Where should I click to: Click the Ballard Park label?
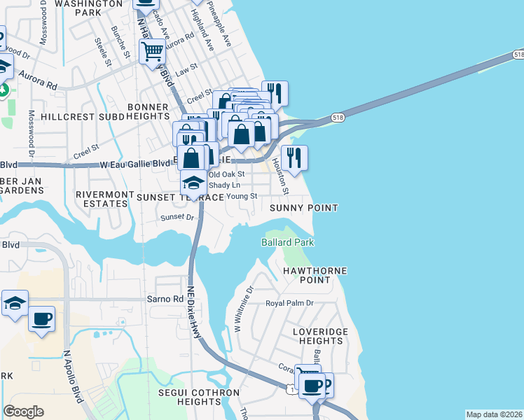287,242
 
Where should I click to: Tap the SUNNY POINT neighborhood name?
304,209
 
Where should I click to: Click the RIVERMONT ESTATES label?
103,199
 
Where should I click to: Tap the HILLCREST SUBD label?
77,116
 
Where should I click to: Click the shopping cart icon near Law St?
152,51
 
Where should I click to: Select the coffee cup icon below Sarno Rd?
41,319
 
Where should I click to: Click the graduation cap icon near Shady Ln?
194,183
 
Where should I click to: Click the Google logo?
23,412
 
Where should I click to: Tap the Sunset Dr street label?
177,218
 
